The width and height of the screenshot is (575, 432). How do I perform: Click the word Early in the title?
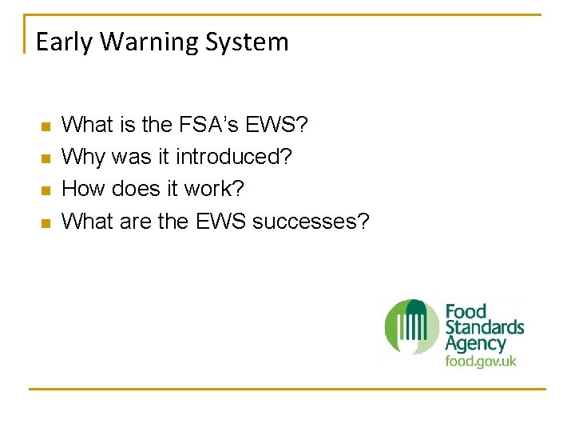tap(61, 42)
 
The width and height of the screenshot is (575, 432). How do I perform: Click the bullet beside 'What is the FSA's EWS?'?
tap(45, 126)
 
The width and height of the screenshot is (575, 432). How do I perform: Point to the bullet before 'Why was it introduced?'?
tap(45, 158)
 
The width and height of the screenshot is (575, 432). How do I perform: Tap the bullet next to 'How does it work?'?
tap(45, 190)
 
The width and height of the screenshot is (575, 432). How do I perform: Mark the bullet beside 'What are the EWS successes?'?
tap(45, 222)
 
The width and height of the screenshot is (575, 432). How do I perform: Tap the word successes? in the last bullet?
tap(311, 221)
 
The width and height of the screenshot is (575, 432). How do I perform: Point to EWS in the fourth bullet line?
tap(220, 221)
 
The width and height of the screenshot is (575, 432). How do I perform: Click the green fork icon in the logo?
tap(412, 326)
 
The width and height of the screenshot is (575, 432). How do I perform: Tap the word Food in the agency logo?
tap(466, 311)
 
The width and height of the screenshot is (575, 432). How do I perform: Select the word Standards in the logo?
tap(484, 327)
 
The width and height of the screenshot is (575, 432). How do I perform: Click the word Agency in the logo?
tap(475, 344)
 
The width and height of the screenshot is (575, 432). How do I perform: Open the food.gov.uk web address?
tap(480, 362)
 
